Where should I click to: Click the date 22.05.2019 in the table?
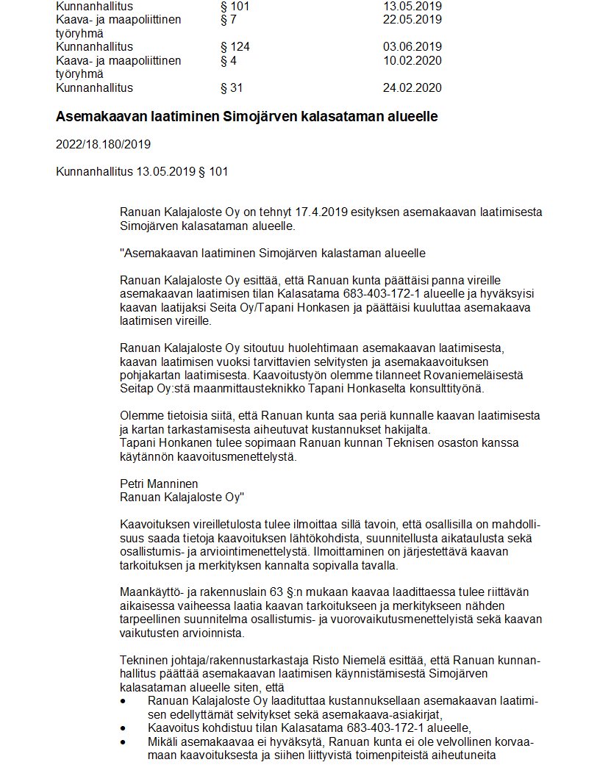tap(412, 19)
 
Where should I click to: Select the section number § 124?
tap(235, 47)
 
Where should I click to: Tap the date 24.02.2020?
tap(412, 88)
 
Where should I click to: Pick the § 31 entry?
tap(232, 88)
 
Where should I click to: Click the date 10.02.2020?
tap(412, 60)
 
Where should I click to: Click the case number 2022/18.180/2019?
tap(103, 144)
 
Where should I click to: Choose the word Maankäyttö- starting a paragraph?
tap(154, 593)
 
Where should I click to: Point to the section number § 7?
tap(228, 19)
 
